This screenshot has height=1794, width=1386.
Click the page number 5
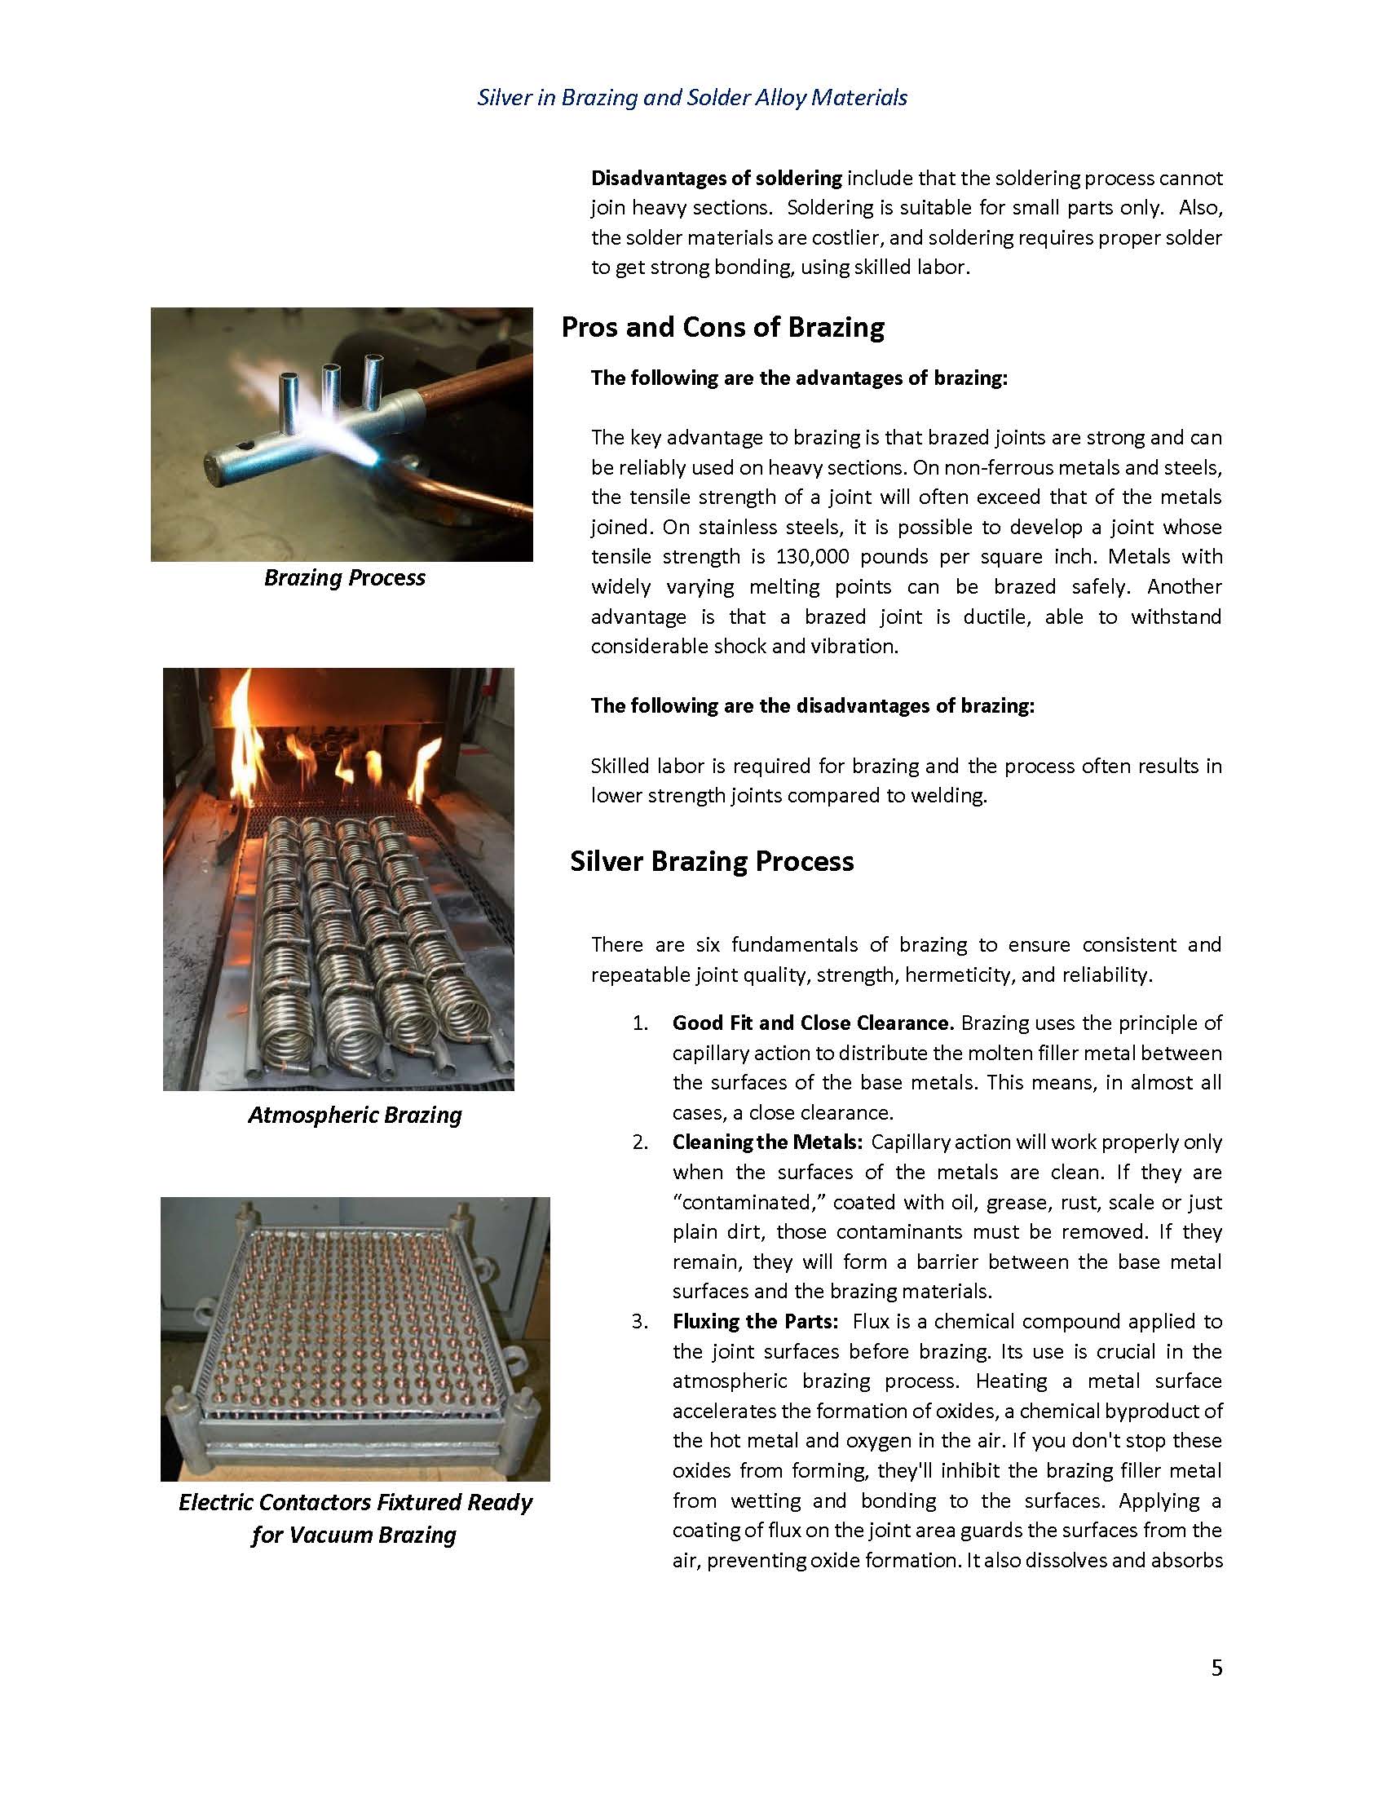tap(1216, 1668)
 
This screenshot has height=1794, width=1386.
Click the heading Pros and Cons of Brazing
tap(722, 327)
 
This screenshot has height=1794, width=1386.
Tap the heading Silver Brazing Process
tap(712, 861)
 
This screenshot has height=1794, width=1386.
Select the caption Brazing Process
tap(344, 577)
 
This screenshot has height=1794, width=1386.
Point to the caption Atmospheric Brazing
tap(355, 1115)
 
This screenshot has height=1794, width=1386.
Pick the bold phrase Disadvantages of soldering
tap(716, 179)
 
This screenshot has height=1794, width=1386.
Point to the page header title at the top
tap(692, 98)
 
